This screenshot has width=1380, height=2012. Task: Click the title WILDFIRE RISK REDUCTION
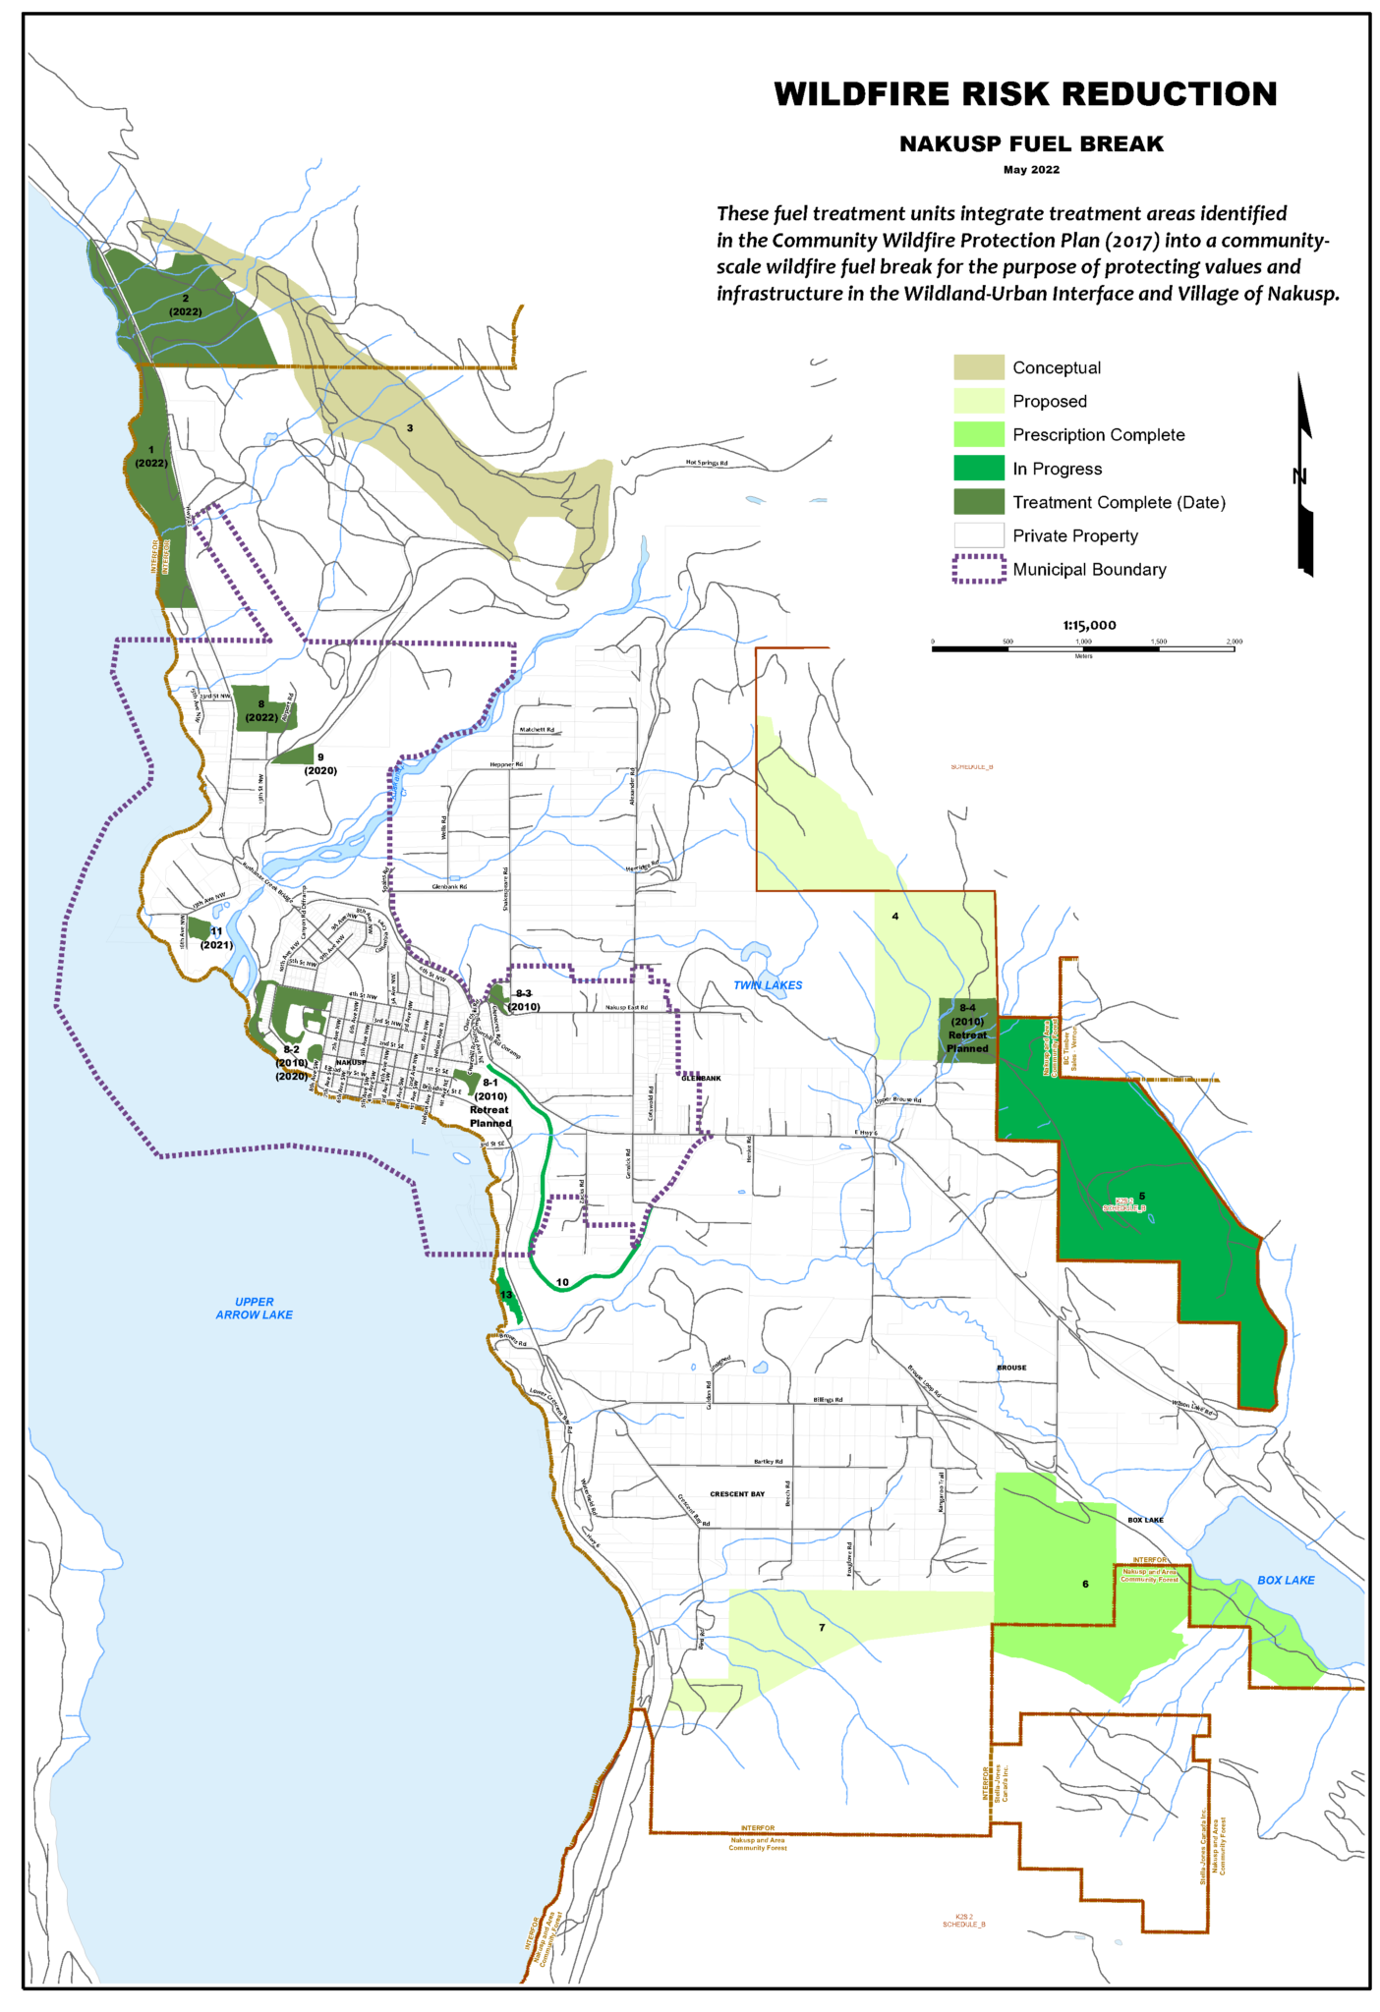(1024, 94)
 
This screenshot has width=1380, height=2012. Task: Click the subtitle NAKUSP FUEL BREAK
(1030, 144)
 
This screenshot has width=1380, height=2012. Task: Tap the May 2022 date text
(1030, 170)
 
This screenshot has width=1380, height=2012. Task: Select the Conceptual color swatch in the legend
(978, 367)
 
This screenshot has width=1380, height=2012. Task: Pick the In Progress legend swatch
(978, 469)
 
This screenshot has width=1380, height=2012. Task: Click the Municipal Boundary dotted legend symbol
(978, 570)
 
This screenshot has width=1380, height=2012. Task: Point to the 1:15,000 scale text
(1088, 625)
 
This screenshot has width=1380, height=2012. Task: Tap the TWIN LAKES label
(767, 985)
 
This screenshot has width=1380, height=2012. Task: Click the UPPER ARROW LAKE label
(254, 1308)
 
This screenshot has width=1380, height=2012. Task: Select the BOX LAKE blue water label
(1285, 1580)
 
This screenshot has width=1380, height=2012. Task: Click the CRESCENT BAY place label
(736, 1494)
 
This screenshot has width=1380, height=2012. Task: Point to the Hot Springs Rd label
(706, 463)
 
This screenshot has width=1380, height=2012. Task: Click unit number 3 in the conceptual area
(410, 428)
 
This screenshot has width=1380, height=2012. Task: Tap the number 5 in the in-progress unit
(1141, 1196)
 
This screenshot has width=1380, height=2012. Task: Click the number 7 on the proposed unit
(822, 1628)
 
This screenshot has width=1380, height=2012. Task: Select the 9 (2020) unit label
(320, 764)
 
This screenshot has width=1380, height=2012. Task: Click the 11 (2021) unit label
(216, 938)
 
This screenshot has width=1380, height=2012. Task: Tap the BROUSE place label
(1010, 1368)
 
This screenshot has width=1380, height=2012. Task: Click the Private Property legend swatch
(978, 535)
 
